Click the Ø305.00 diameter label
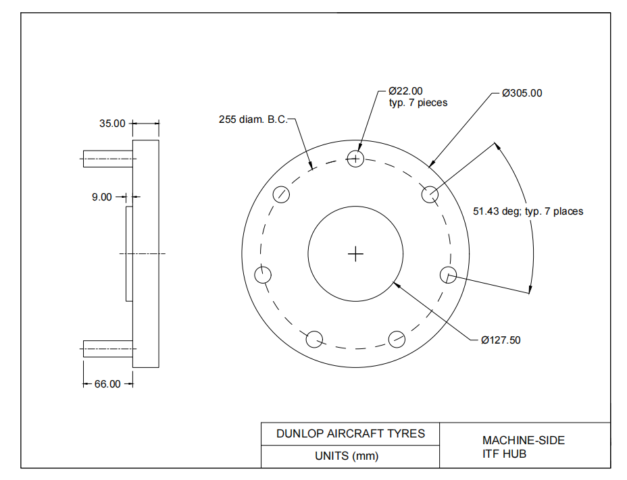click(x=522, y=93)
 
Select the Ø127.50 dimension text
click(x=501, y=340)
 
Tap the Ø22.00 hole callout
click(x=405, y=91)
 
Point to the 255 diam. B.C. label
click(x=253, y=119)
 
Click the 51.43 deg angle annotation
click(x=528, y=211)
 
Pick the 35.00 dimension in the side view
click(x=112, y=124)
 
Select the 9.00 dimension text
click(x=102, y=197)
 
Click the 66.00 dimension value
click(x=107, y=384)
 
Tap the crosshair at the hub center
click(x=355, y=254)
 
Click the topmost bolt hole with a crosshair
click(x=355, y=159)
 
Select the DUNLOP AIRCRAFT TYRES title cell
click(x=350, y=433)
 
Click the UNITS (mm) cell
click(x=347, y=456)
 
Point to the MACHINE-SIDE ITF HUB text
click(x=524, y=447)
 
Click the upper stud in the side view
click(x=108, y=159)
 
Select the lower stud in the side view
click(x=108, y=349)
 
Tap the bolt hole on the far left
click(x=263, y=275)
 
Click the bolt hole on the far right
click(x=448, y=275)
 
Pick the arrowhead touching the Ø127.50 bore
click(x=397, y=285)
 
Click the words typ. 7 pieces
click(x=418, y=103)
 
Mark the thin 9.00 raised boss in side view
click(x=129, y=254)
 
